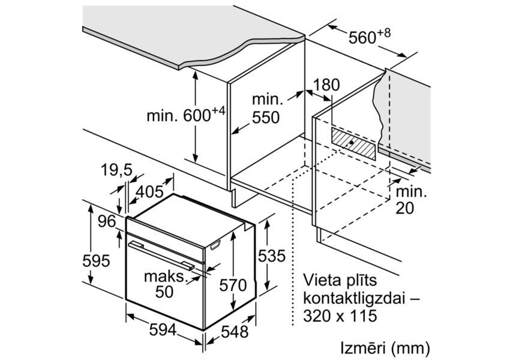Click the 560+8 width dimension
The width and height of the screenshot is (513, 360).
click(x=368, y=37)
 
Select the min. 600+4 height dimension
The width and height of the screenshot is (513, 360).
click(x=185, y=115)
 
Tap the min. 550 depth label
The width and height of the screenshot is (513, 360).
click(x=265, y=109)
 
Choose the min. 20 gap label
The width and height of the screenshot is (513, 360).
click(x=410, y=200)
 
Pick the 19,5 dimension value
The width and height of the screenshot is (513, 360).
click(x=116, y=171)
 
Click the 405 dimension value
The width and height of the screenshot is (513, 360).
click(x=149, y=192)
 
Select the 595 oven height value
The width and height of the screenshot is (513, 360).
click(x=97, y=261)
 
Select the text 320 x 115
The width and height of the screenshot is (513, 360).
click(x=338, y=316)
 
